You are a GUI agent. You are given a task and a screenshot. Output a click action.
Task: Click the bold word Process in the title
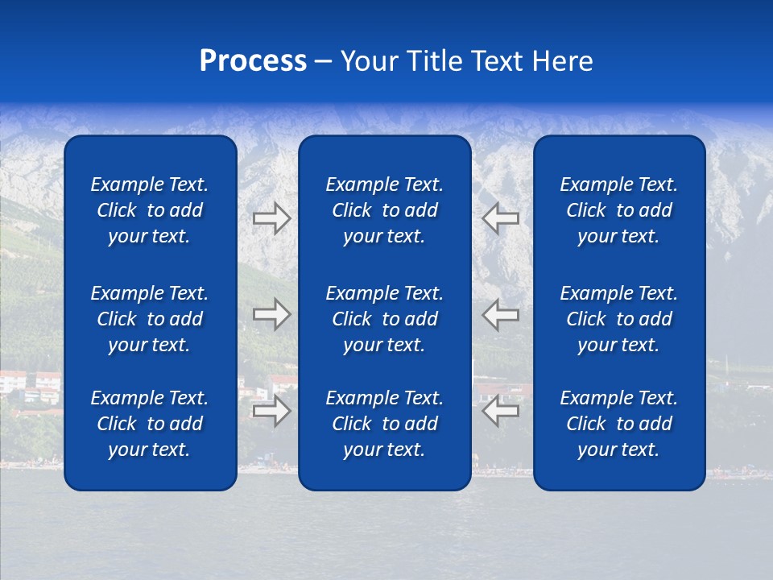pos(253,61)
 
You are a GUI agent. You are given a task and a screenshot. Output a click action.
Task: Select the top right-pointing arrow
pos(271,218)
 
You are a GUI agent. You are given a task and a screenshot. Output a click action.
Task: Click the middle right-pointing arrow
pos(271,314)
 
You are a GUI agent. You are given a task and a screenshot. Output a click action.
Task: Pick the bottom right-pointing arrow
pos(271,411)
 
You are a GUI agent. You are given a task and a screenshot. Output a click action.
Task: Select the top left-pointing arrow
pos(500,218)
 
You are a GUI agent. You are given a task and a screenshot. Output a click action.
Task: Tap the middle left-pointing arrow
pos(500,314)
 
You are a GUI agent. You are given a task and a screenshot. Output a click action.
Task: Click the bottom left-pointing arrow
pos(500,411)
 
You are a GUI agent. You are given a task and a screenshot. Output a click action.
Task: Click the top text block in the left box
pos(150,210)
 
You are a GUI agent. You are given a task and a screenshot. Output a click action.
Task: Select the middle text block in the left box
pos(150,319)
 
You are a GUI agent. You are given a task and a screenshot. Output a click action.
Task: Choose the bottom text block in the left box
pos(150,424)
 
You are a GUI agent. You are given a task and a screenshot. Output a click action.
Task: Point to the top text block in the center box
pos(384,210)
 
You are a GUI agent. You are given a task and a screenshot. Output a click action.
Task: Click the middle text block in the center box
pos(384,319)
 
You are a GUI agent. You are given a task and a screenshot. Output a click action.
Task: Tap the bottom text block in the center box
pos(384,424)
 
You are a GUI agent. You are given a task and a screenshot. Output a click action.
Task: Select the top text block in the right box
pos(618,210)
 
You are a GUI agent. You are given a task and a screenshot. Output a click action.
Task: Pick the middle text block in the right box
pos(618,319)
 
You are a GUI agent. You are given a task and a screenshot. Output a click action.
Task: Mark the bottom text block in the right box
pos(618,424)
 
